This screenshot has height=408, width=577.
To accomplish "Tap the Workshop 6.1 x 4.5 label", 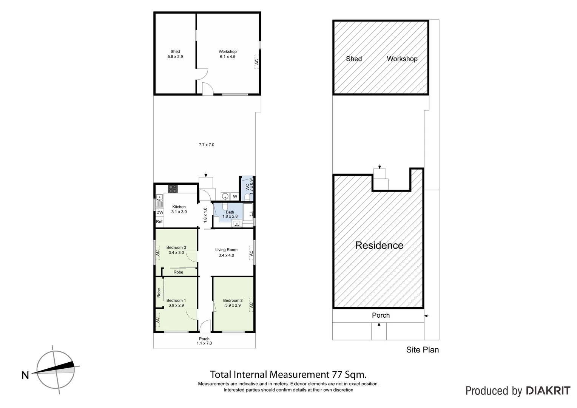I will click(227, 54).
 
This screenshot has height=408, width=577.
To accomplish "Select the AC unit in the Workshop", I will click(256, 61).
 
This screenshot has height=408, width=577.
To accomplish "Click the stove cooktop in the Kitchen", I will click(173, 188).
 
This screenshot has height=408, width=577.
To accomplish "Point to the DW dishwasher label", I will click(160, 212).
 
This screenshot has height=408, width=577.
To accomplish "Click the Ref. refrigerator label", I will click(160, 222).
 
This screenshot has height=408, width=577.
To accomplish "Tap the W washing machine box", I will click(235, 196).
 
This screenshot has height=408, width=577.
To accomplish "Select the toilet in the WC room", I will click(247, 197).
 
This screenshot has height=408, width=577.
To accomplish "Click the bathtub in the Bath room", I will click(248, 212).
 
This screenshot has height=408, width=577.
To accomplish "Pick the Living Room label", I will click(226, 250).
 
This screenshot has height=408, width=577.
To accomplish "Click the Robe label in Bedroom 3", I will click(178, 272).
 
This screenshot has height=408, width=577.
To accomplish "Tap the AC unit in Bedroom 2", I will click(251, 305).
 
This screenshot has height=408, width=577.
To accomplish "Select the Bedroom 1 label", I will click(176, 301).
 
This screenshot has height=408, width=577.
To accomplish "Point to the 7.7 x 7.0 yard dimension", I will click(207, 145).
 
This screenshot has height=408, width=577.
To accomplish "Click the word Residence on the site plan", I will click(379, 246).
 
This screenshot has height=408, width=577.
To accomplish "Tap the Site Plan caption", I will click(422, 350).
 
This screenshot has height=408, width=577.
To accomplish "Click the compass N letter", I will click(25, 375).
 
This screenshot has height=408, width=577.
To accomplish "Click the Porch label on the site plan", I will click(381, 315).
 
